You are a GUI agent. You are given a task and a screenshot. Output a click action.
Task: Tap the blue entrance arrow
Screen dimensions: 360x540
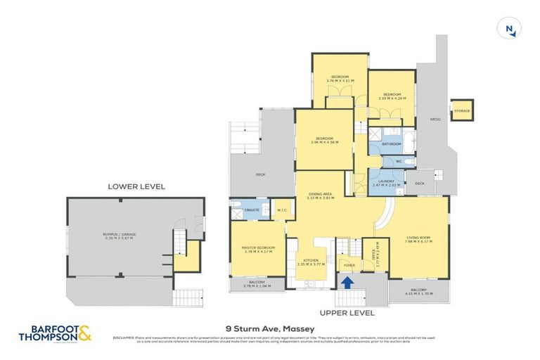[345, 281]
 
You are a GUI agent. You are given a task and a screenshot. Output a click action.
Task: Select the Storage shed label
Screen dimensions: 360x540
[461, 111]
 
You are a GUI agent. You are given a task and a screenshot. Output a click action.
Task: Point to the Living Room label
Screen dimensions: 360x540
[419, 241]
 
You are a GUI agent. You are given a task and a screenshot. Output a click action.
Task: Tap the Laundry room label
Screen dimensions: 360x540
[386, 182]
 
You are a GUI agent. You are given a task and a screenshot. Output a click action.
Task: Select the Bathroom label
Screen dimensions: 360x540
[391, 143]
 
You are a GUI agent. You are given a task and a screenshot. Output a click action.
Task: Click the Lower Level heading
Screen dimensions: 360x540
[136, 186]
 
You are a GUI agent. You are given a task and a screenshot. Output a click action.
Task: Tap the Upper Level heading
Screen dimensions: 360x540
[347, 312]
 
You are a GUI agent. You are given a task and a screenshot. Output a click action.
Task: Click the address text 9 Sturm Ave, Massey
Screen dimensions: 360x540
[269, 329]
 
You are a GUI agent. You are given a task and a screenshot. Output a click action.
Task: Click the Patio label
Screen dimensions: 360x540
[435, 120]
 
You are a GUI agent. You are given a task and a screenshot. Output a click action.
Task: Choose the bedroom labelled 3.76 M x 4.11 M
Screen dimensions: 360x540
[340, 79]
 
